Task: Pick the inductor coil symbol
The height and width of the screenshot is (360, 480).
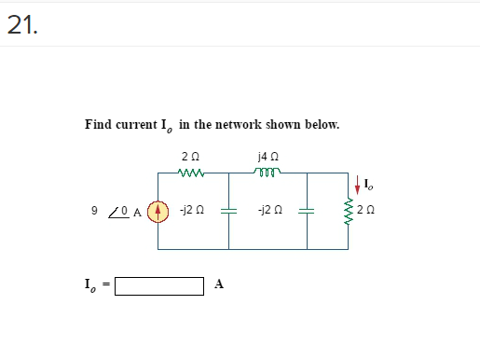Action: click(x=268, y=172)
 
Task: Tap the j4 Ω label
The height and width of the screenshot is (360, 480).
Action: click(x=268, y=156)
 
